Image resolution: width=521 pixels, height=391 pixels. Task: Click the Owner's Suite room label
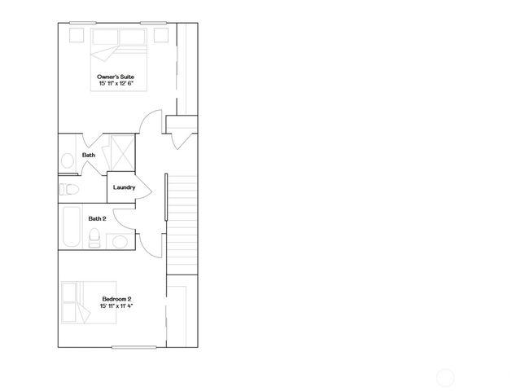[116, 77]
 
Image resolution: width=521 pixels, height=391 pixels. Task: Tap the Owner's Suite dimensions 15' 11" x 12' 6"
[116, 83]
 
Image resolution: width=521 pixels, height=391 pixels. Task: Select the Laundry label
[124, 187]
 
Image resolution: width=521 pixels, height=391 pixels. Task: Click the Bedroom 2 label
[116, 299]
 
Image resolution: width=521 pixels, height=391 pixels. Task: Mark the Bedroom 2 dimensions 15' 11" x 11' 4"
[116, 306]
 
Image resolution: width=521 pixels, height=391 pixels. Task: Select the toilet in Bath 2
[94, 238]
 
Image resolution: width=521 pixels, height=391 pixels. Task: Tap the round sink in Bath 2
[120, 241]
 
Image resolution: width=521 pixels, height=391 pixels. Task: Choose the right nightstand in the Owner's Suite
[160, 35]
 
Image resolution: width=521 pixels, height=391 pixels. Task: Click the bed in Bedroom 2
[87, 302]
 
